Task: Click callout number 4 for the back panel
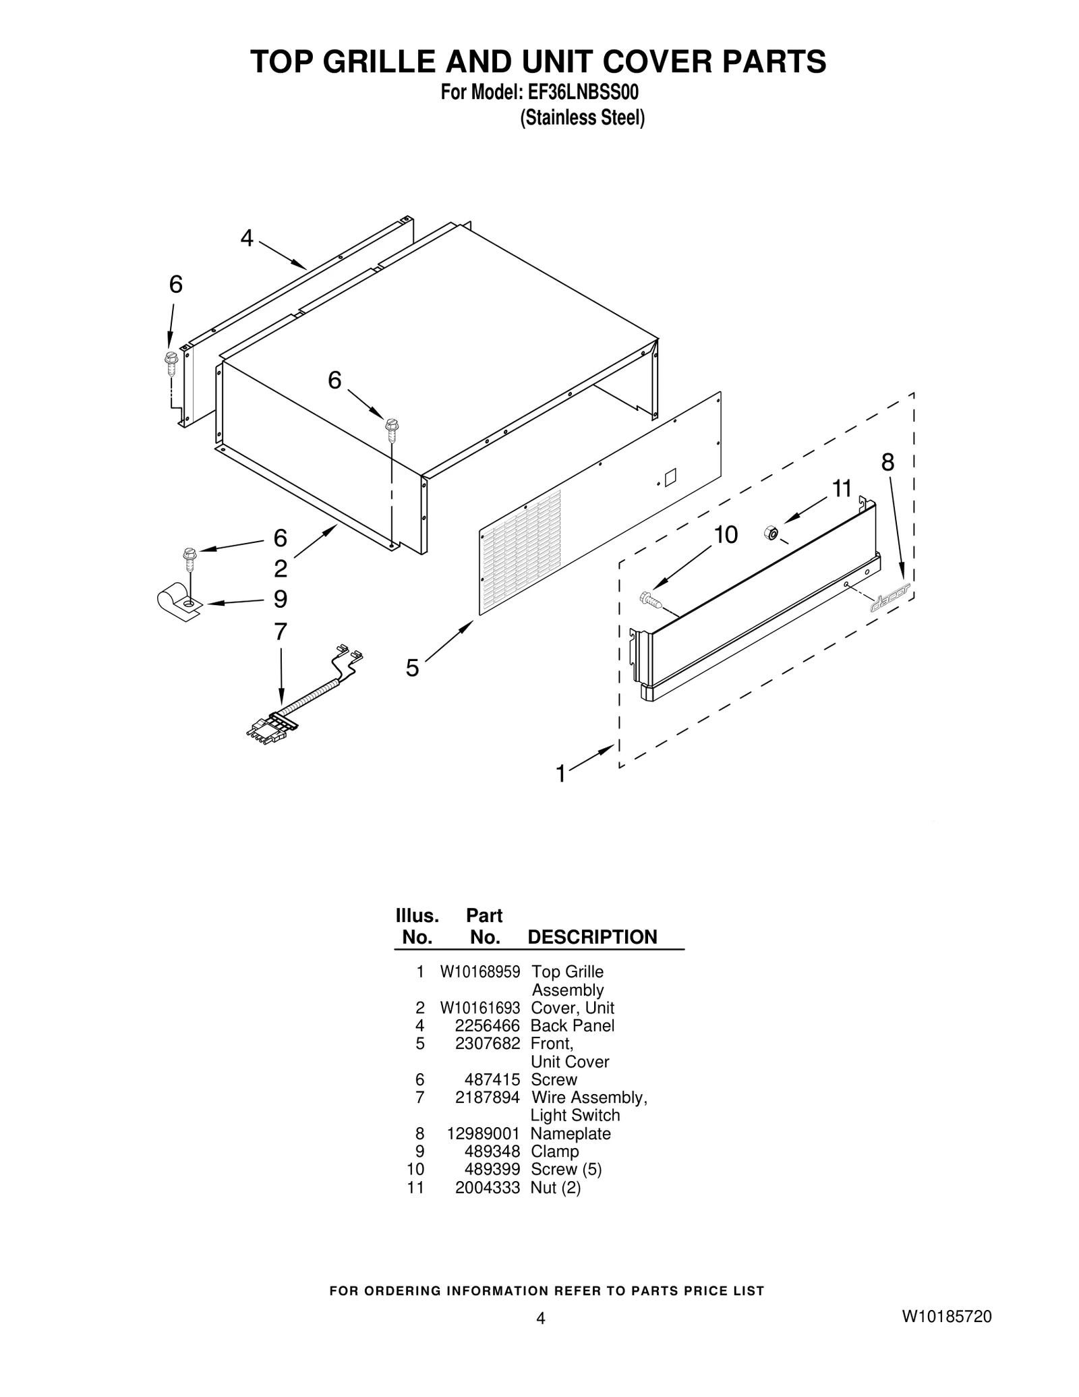[247, 238]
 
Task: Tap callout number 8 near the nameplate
[887, 463]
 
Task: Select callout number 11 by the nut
[842, 488]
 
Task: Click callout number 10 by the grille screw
[726, 535]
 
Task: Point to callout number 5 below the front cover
[412, 668]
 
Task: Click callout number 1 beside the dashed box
[560, 774]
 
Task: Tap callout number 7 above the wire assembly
[281, 632]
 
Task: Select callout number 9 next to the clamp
[281, 599]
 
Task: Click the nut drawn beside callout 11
[769, 534]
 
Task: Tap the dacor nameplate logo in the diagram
[890, 597]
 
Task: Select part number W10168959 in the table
[480, 972]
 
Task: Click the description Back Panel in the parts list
[573, 1026]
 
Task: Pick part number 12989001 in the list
[483, 1134]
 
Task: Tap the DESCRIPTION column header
[592, 937]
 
